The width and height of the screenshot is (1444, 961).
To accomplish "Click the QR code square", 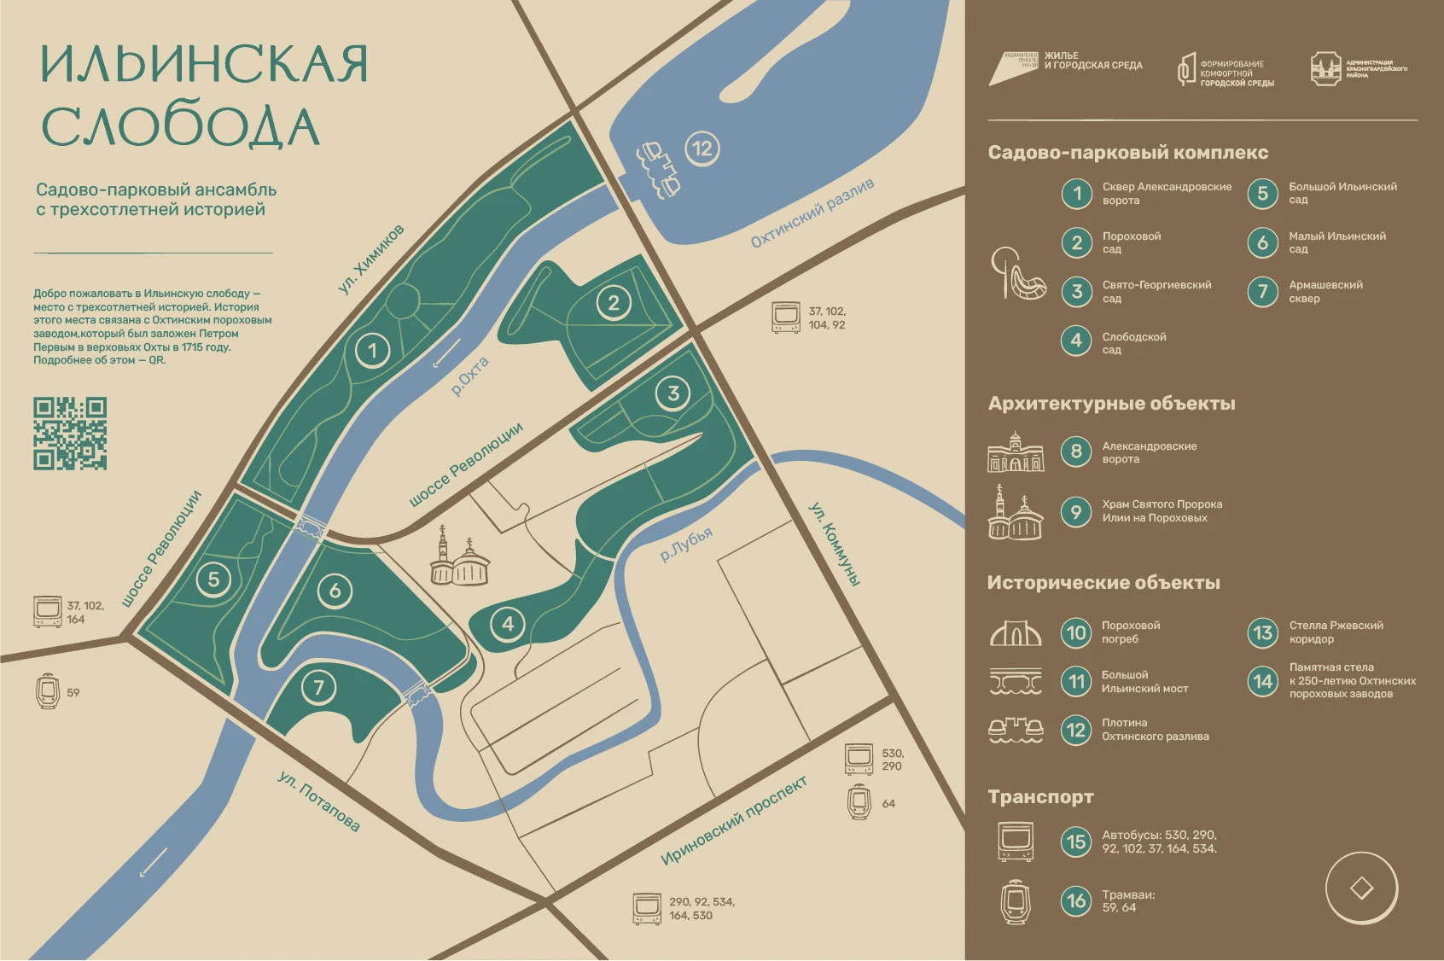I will pos(70,433).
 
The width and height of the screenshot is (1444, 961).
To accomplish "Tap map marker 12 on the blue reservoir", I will pos(702,149).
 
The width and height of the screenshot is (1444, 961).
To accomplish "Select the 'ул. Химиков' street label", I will pos(371,259).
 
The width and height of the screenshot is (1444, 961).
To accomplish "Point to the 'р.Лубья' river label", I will pos(686,544).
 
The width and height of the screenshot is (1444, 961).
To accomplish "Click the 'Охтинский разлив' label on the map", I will pos(812,213).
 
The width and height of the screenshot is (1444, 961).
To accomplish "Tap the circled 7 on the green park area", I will pos(318,687).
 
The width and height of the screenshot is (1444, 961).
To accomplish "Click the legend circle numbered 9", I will pos(1076,511).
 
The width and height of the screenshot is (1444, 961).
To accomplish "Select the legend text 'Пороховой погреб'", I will pos(1130,632).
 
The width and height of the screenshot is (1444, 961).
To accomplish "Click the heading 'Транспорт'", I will pos(1040,796).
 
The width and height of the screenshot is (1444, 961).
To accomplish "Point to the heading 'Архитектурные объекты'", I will pos(1111,403).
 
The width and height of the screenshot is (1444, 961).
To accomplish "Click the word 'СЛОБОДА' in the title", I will pos(180,126).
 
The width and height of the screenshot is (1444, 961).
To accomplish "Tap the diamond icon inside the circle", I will pos(1361,888).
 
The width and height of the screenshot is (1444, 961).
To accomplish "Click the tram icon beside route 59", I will pos(48,691).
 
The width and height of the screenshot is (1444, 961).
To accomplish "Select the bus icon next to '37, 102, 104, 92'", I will pos(785,317).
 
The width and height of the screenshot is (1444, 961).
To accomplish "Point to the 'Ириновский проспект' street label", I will pos(733,821).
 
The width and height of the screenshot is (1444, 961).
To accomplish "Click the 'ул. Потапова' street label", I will pos(318,801).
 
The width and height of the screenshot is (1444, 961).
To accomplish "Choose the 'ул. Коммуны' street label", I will pos(834,545).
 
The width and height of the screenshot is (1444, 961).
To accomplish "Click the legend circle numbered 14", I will pos(1262,680).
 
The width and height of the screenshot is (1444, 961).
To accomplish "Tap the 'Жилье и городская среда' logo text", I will pos(1092,61).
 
